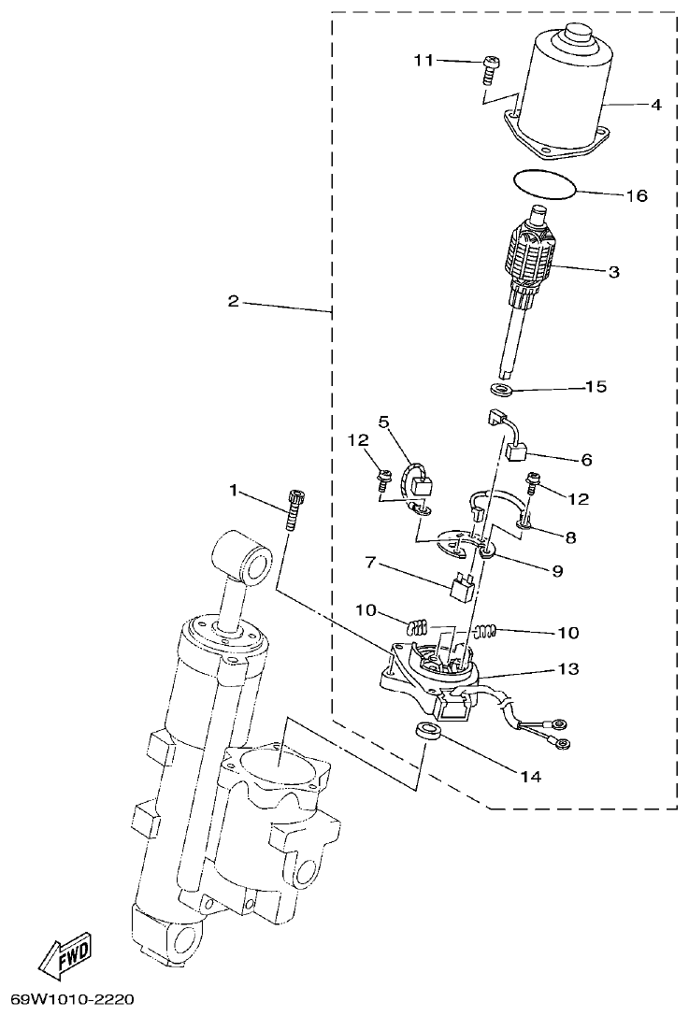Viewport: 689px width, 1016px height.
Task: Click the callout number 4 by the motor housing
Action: click(x=656, y=106)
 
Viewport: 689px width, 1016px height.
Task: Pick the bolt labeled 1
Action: click(x=295, y=509)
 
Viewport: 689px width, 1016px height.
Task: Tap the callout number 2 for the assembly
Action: click(x=233, y=301)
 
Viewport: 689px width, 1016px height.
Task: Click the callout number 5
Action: click(x=383, y=422)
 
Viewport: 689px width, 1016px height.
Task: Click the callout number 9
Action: click(x=557, y=569)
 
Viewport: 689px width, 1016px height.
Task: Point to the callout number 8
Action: click(x=569, y=537)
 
